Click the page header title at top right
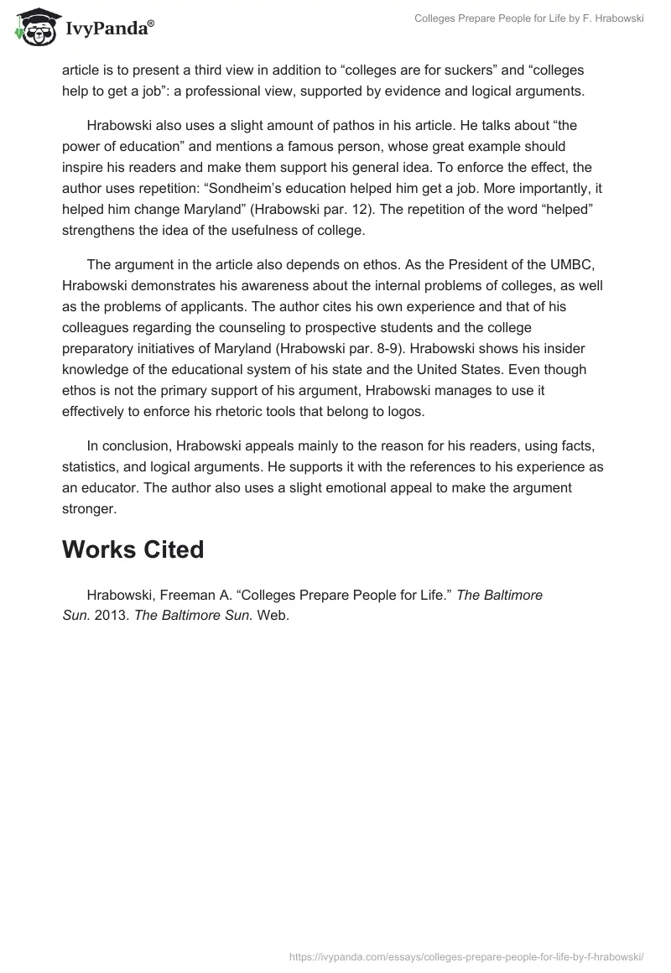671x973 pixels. coord(529,19)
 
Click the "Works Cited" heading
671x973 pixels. coord(133,549)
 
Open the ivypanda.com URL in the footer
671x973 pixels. coord(466,955)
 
